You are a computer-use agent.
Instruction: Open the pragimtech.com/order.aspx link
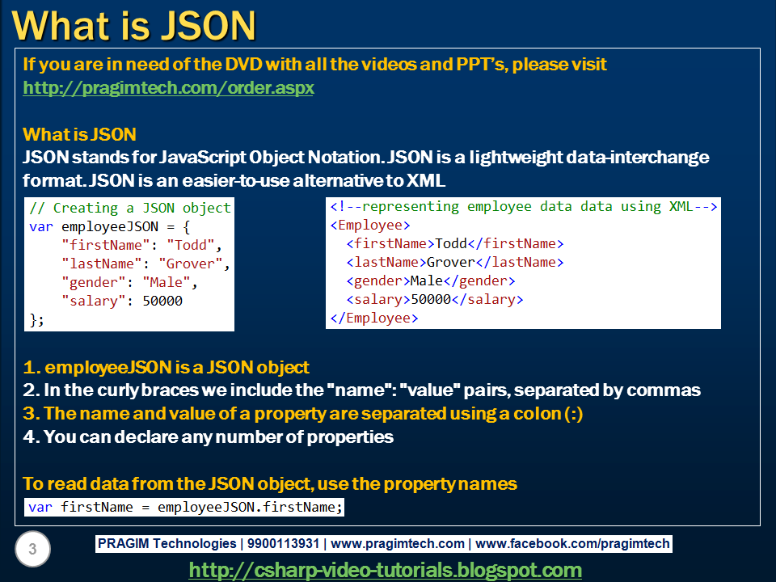coord(168,87)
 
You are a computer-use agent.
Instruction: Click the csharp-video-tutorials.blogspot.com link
coord(385,570)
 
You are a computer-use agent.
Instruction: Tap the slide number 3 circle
coord(32,550)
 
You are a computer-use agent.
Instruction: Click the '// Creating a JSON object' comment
coord(130,208)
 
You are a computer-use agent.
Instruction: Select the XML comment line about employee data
coord(523,207)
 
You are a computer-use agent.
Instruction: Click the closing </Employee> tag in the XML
coord(373,318)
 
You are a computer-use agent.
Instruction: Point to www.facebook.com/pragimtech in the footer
coord(571,544)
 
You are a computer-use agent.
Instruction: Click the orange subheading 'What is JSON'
coord(79,134)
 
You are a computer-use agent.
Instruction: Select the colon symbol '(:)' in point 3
coord(572,414)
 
